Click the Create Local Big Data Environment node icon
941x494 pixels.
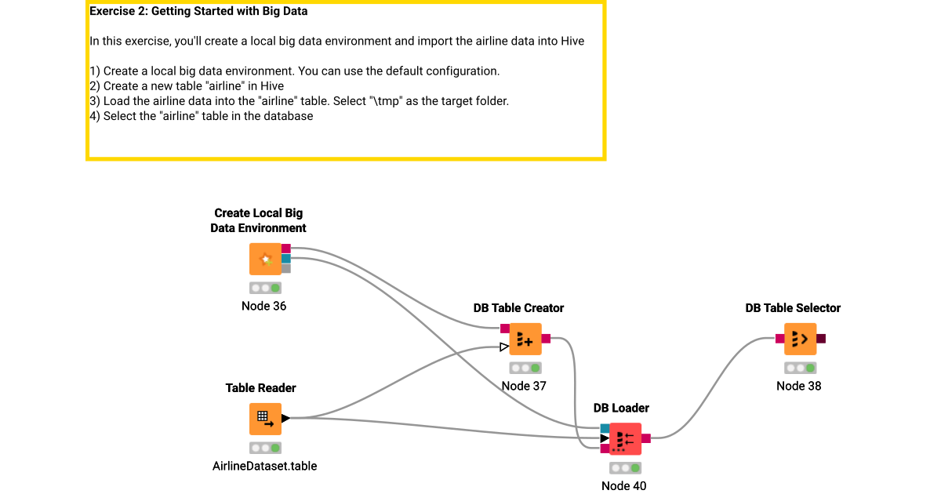click(265, 259)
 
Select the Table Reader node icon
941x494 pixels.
click(265, 419)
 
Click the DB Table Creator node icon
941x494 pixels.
click(525, 339)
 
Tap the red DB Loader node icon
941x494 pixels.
click(625, 439)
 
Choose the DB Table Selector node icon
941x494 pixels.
click(800, 339)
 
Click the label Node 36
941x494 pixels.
click(263, 306)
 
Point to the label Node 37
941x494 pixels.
click(524, 386)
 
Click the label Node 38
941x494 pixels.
click(798, 386)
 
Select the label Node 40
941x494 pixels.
click(623, 485)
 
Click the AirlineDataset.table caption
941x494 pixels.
click(264, 466)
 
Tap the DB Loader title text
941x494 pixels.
click(621, 408)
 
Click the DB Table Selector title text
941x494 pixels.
click(792, 308)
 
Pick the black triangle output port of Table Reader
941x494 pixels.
click(286, 419)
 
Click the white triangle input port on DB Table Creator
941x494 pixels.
click(504, 347)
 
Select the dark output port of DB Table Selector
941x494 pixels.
click(820, 339)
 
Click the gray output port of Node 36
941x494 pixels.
click(286, 268)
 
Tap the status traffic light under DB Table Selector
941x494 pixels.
click(800, 368)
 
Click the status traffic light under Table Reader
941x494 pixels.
click(265, 448)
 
